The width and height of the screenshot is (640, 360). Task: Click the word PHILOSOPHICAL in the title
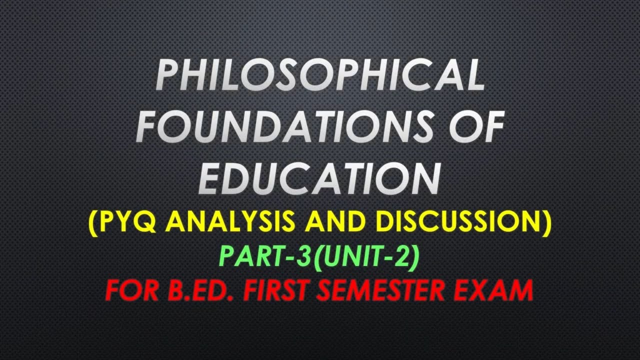(x=320, y=75)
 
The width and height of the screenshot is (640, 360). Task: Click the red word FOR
(x=130, y=289)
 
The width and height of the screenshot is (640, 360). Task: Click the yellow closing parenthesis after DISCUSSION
(x=547, y=221)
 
